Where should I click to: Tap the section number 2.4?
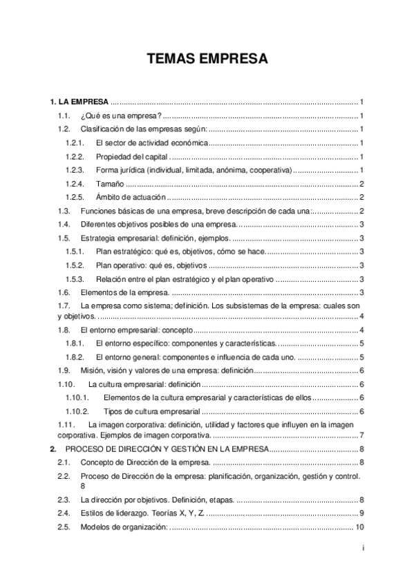coord(64,513)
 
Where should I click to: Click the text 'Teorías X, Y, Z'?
coord(178,513)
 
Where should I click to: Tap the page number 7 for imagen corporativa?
coord(362,435)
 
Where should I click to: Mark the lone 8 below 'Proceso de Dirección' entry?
coord(83,486)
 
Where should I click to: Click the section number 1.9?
coord(63,371)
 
